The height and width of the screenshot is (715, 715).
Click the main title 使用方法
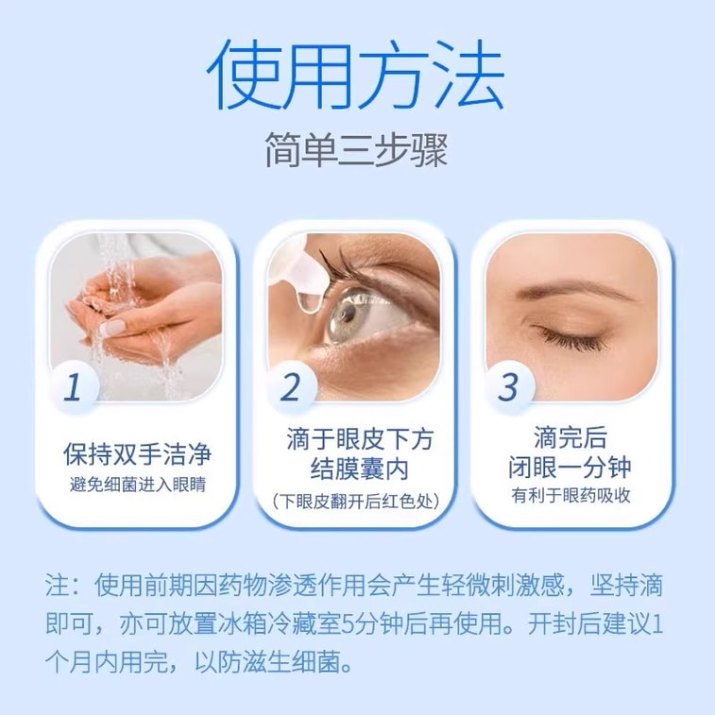coord(356,74)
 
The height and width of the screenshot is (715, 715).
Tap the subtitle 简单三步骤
coord(356,150)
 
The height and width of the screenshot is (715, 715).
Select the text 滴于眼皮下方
coord(358,439)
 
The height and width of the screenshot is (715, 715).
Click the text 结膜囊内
coord(358,469)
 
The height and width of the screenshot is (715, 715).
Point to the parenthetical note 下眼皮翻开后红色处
coord(358,500)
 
